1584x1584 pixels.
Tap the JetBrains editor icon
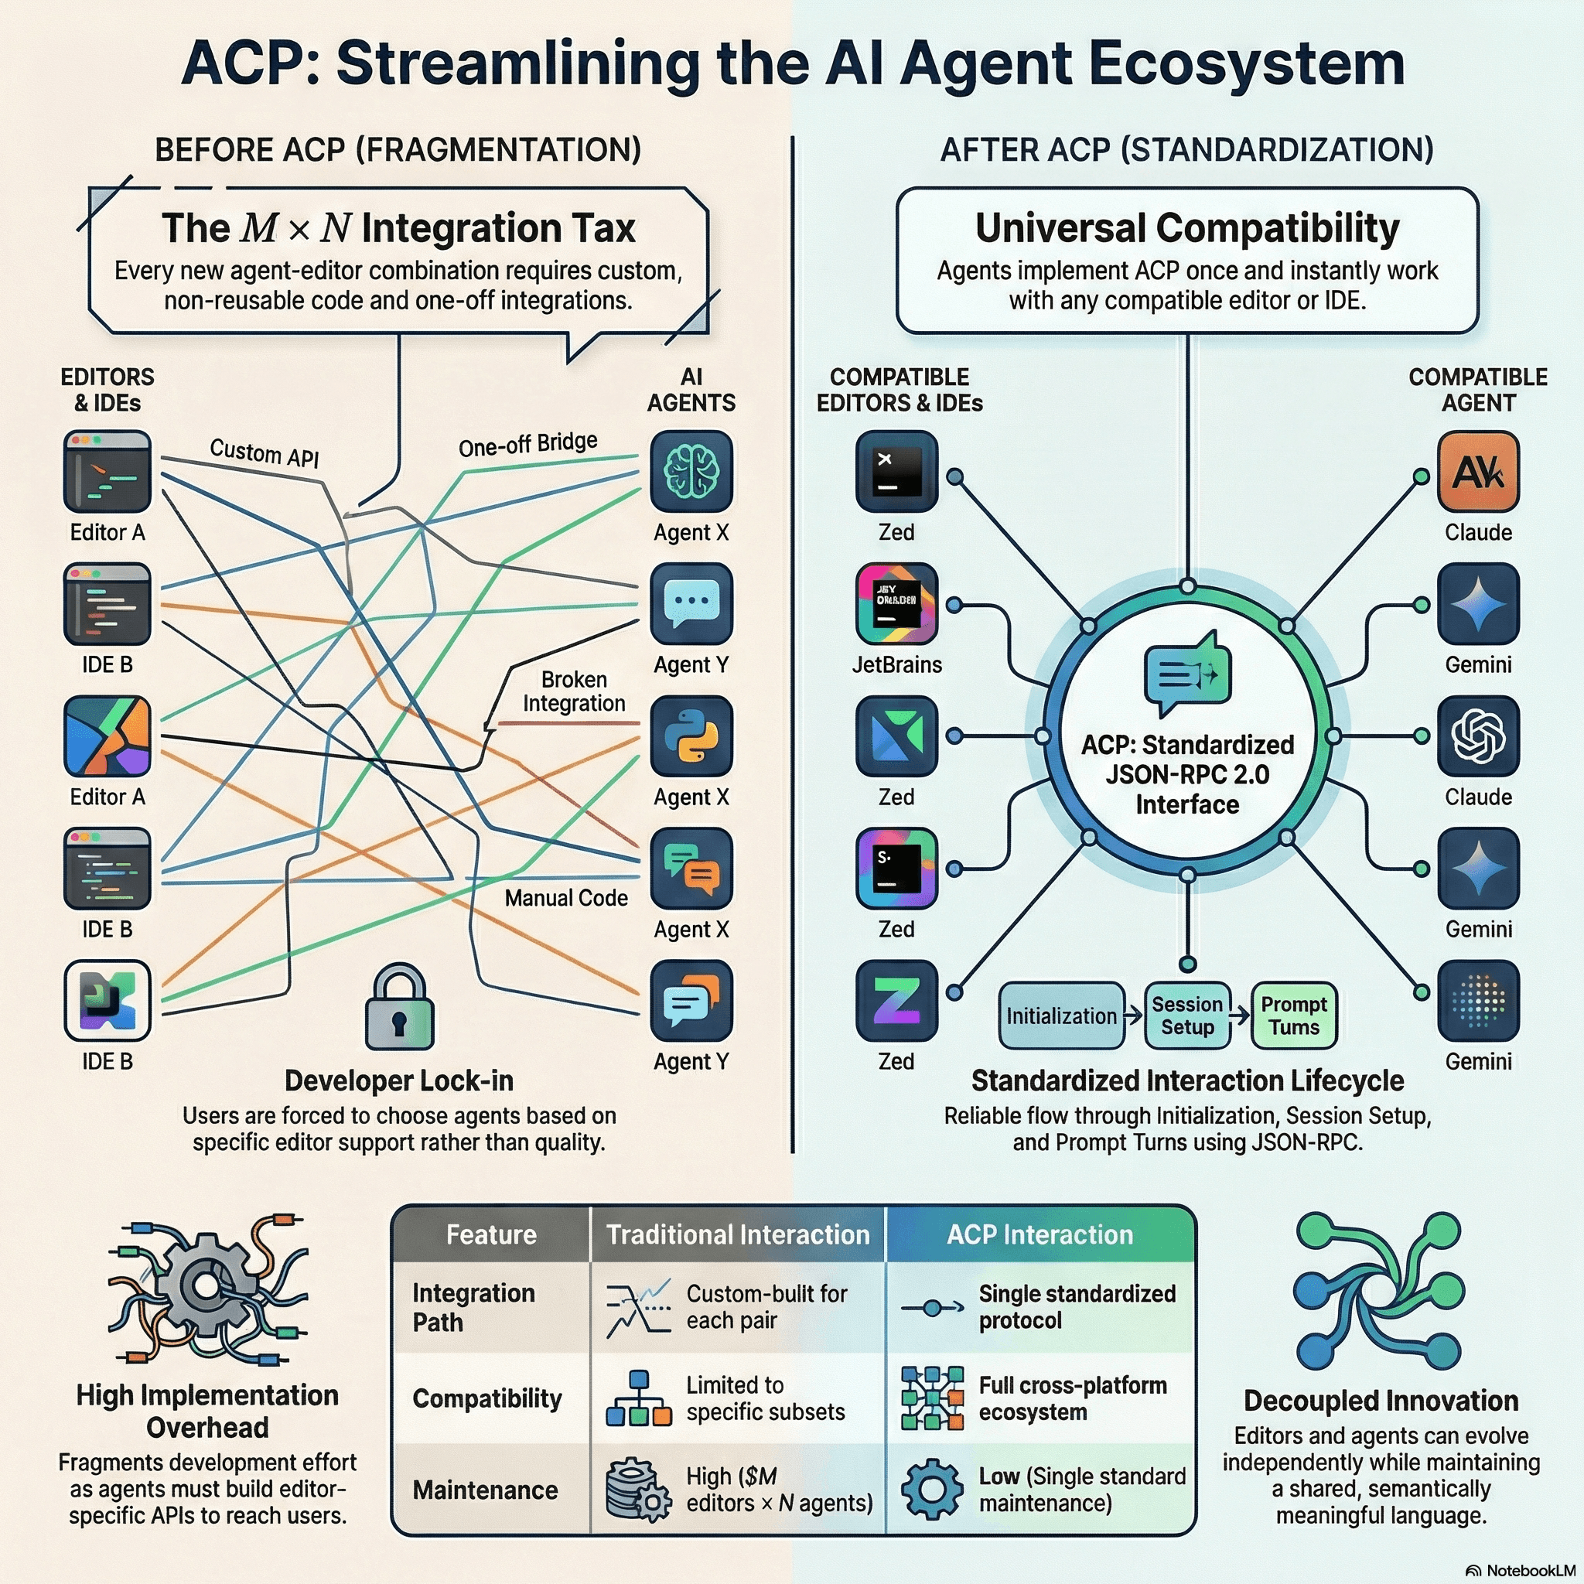[896, 603]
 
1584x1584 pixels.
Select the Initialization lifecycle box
[1061, 1016]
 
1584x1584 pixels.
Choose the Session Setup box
[1186, 1016]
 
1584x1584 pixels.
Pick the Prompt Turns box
[1294, 1016]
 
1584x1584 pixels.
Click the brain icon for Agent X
[691, 472]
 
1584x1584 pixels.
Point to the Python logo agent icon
[691, 736]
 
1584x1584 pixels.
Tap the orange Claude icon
[1477, 472]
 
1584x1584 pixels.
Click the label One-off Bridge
[527, 445]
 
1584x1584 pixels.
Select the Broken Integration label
[574, 691]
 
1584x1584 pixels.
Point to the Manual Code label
[565, 898]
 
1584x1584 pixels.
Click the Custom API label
[264, 452]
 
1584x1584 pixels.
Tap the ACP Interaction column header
[1039, 1234]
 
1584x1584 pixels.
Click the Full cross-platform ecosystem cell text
[1073, 1398]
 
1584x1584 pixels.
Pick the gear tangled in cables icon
[207, 1289]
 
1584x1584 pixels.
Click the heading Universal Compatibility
[1186, 228]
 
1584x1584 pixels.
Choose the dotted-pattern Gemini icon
[1477, 1000]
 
